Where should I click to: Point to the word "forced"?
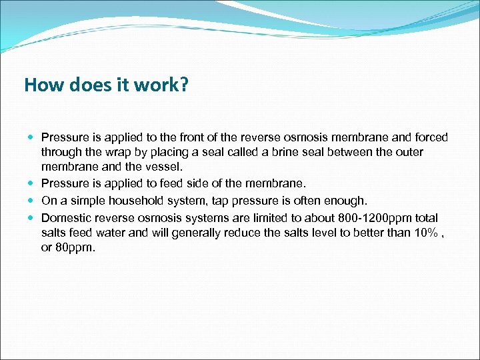coord(431,137)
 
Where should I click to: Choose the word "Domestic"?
coord(65,218)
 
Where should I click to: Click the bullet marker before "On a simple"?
coord(32,201)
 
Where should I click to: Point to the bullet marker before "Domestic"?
coord(32,218)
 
